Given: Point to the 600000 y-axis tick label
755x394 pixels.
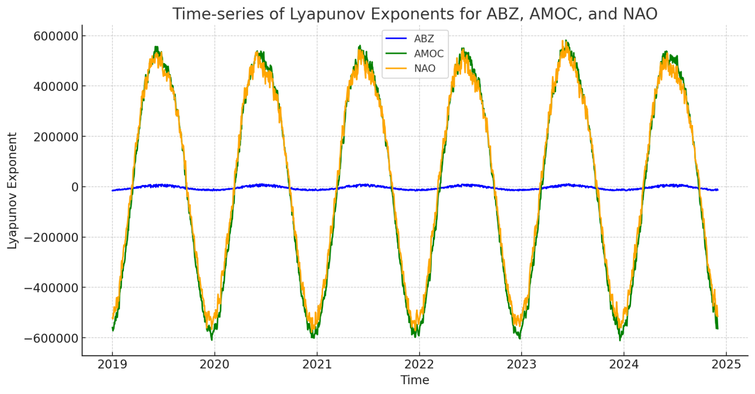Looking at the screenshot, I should (x=56, y=36).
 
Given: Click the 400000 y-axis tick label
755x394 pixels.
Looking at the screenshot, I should (x=56, y=86).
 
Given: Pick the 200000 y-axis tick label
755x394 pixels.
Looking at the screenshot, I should (x=56, y=137).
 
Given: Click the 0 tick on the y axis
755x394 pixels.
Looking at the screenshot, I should (x=75, y=187).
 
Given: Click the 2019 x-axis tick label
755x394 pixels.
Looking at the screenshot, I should (x=112, y=365).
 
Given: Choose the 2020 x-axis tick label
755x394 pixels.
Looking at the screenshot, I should (x=215, y=365).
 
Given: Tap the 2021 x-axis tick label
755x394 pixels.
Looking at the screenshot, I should (x=317, y=365).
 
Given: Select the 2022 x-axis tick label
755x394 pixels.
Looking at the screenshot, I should (x=419, y=365).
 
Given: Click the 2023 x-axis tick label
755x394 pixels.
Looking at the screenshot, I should (x=522, y=365).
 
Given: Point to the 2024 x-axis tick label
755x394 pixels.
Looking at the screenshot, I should (x=624, y=365).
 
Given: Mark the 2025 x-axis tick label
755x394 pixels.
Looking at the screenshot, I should (x=726, y=365).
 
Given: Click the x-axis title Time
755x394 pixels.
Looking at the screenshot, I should (x=415, y=380).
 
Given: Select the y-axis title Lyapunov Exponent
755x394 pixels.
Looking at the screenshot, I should (x=12, y=191).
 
